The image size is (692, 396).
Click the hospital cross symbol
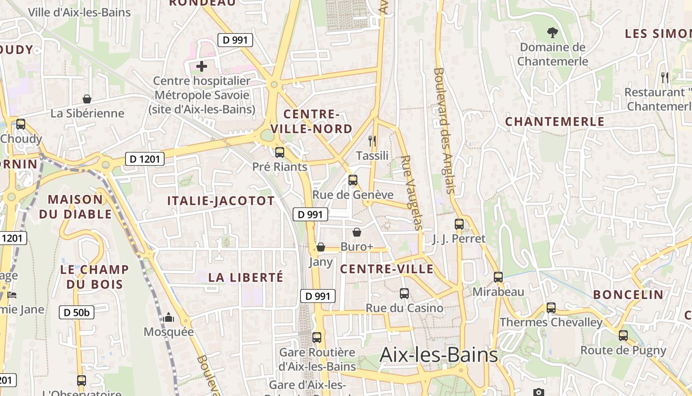[202, 66]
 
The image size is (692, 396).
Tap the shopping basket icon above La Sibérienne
[87, 99]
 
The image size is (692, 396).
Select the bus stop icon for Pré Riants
[280, 152]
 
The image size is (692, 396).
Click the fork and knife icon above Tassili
[373, 141]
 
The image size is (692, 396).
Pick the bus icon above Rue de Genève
[353, 180]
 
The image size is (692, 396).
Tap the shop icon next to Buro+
[357, 232]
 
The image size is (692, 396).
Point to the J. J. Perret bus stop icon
[459, 224]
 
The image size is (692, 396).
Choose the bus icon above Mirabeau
[498, 277]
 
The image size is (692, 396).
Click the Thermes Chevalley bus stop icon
[551, 308]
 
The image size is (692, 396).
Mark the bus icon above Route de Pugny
[623, 336]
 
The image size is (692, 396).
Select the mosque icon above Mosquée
[169, 317]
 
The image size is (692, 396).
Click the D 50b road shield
[77, 312]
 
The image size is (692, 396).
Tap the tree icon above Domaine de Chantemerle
[552, 33]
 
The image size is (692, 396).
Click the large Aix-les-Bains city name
[438, 355]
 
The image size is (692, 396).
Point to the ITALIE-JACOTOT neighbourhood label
[220, 200]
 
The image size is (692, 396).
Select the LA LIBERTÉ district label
[246, 277]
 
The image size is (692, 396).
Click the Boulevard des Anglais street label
[443, 130]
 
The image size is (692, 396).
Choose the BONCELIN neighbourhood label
[628, 295]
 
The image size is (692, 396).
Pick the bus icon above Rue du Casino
[404, 294]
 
